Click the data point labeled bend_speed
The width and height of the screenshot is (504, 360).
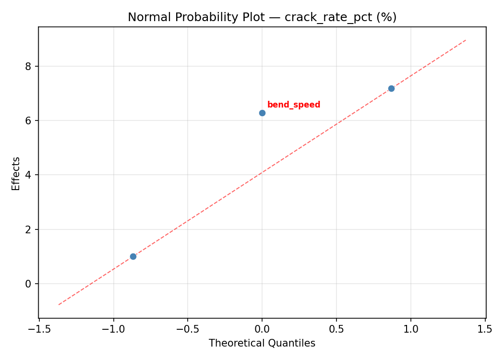[262, 113]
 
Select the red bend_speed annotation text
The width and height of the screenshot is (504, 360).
[293, 105]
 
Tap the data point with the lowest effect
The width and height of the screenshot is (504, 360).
[133, 256]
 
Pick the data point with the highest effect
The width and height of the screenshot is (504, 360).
[391, 88]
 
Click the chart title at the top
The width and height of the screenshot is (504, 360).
[262, 17]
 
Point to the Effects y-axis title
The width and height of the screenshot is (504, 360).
[16, 173]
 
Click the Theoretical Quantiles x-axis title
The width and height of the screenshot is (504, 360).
[262, 343]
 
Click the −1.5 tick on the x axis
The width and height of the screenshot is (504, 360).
[39, 329]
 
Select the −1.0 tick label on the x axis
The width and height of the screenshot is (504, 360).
[113, 329]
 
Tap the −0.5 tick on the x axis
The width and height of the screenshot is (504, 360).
[188, 329]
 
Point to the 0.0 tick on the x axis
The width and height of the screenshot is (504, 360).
[262, 329]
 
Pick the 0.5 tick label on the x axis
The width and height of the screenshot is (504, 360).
[336, 329]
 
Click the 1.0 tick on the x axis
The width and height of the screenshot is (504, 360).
[410, 329]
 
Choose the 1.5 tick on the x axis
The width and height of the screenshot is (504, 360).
[485, 329]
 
